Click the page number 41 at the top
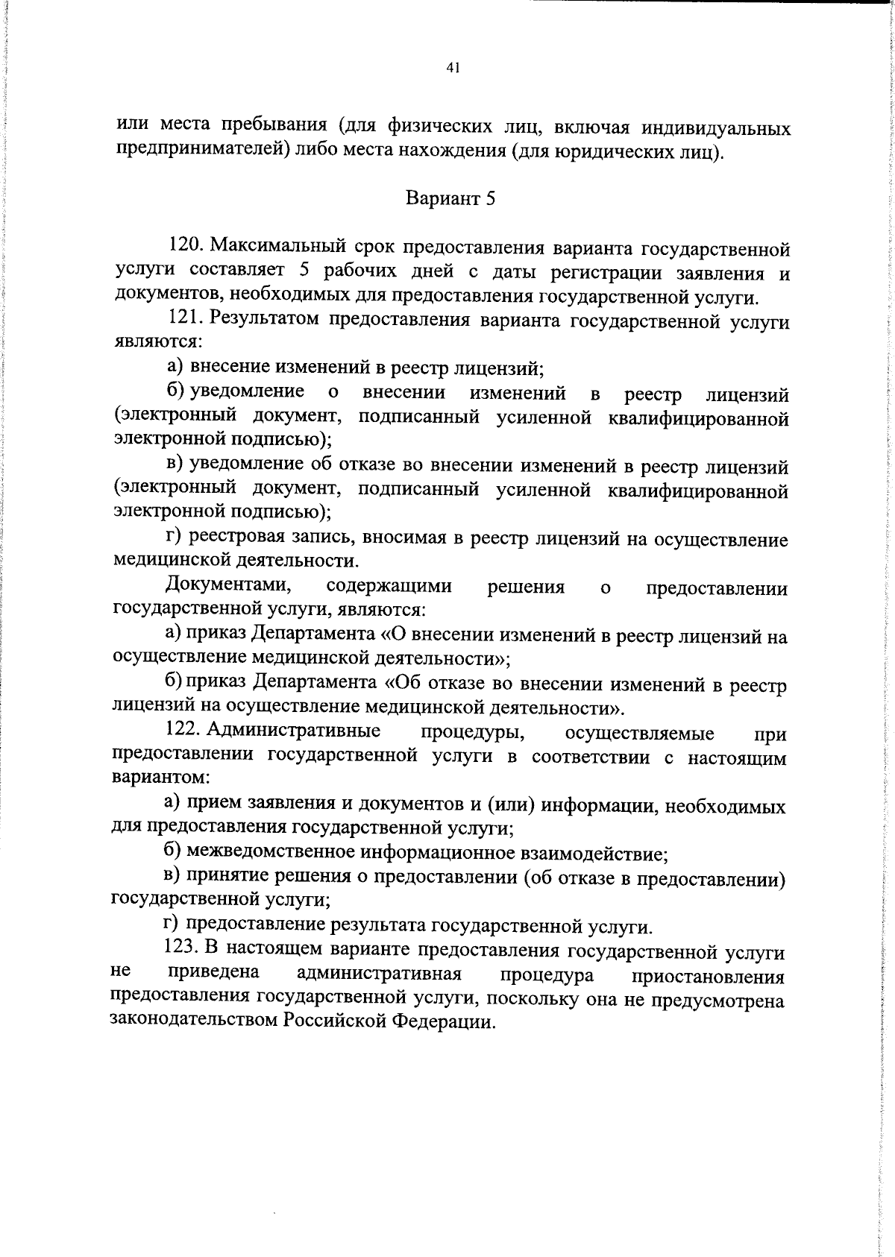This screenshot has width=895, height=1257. pos(451,68)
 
